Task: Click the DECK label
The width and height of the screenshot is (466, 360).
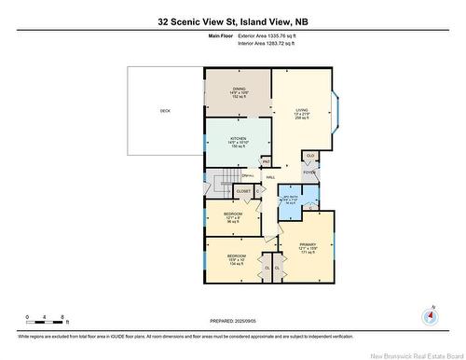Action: (165, 111)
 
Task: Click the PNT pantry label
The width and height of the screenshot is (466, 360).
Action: (266, 161)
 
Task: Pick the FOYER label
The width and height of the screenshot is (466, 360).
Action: (309, 172)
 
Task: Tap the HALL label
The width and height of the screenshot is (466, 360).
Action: (271, 176)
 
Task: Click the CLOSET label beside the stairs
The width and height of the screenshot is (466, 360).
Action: (243, 190)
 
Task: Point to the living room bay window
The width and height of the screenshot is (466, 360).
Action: (340, 109)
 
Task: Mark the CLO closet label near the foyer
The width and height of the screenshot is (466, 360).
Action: (310, 155)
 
